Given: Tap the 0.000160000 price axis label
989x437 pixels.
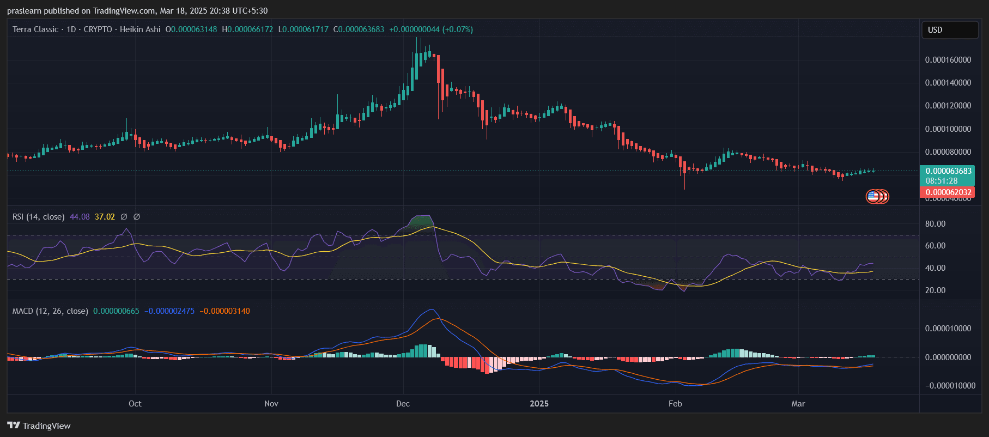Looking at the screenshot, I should point(948,60).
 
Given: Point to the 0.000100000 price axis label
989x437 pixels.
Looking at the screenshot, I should point(948,129).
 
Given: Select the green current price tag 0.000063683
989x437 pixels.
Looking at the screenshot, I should point(948,171).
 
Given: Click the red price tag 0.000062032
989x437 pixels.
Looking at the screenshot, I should point(948,192).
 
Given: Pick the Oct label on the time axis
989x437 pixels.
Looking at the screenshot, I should point(135,404).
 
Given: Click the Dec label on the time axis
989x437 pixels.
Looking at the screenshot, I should point(403,404).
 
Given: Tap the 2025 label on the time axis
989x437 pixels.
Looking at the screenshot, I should point(539,404).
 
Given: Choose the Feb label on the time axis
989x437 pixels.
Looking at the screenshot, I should point(675,404).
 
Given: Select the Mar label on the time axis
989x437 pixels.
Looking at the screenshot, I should point(798,404).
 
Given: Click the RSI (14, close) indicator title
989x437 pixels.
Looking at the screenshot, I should point(38,217).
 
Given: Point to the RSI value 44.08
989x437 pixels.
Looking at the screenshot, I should point(80,217).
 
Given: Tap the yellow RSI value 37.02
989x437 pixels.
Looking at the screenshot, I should point(105,217).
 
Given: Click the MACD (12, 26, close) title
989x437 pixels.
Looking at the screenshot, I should point(50,311).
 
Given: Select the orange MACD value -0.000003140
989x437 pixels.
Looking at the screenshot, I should point(225,311).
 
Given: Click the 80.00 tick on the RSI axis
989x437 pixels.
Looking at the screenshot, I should point(935,224).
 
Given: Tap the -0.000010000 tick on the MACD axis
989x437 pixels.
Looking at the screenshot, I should point(950,386).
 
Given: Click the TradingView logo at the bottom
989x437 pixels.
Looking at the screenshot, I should point(39,426).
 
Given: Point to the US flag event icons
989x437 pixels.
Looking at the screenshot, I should point(877,196).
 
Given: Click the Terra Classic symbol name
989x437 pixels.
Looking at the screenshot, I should point(35,29).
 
